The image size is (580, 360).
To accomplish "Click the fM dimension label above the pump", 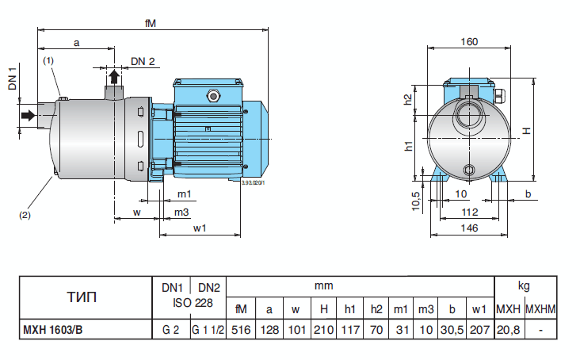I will pos(151,23).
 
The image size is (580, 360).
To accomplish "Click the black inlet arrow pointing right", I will pos(29,116).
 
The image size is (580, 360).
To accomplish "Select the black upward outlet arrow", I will pos(115,77).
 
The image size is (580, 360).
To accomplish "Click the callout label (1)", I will pos(48,60).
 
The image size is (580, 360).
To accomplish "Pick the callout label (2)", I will pos(25,214).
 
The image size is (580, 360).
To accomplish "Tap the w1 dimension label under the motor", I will pos(200,228).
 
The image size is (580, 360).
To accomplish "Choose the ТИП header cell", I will pos(83,298).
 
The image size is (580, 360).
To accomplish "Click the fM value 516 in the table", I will pos(241,330).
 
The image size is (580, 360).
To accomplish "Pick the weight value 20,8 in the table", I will pos(507,330).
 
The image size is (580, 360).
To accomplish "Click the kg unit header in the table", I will pos(524,286).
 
